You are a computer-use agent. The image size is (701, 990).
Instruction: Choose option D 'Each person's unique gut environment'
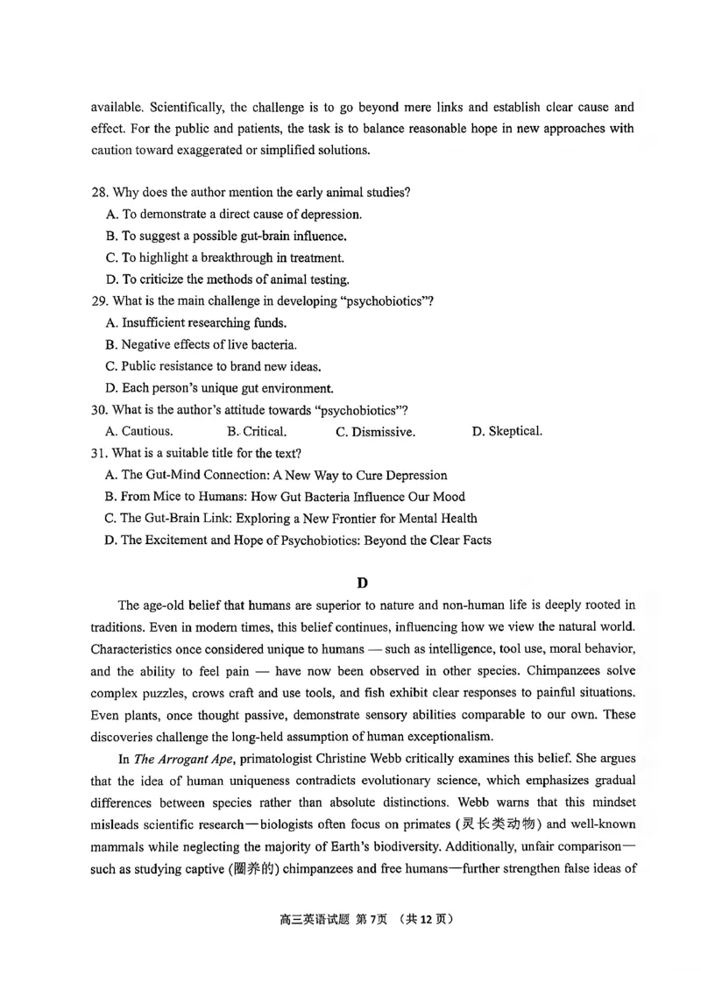coord(218,388)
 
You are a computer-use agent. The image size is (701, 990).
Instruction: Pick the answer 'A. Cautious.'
coord(138,431)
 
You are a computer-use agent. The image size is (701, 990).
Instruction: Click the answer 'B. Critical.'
coord(257,431)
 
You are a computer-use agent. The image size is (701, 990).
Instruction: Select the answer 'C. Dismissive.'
coord(375,431)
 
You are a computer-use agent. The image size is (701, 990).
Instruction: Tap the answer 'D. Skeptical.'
coord(506,431)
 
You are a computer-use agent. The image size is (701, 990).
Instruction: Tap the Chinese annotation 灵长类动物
coord(499,824)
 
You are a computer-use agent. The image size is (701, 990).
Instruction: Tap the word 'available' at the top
coord(117,108)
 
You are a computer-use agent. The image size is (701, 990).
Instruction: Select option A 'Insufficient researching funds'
coord(183,322)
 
